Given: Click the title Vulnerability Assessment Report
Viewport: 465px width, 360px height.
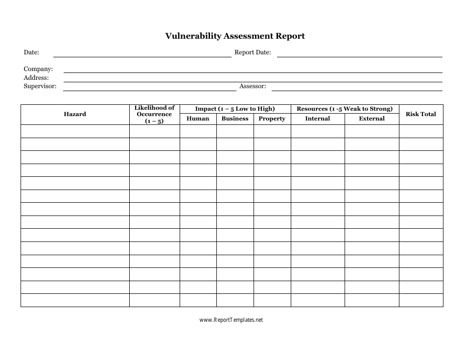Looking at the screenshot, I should [x=235, y=36].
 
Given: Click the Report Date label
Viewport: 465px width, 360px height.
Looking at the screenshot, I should [x=253, y=52].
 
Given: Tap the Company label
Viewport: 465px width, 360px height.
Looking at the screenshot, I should [x=38, y=70].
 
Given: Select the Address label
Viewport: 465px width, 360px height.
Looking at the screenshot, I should [x=36, y=78].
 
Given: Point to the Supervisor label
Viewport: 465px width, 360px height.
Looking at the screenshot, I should [x=40, y=86].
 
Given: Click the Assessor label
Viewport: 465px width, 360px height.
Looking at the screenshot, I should [x=253, y=86].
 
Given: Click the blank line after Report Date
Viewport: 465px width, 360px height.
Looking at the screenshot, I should [x=360, y=56].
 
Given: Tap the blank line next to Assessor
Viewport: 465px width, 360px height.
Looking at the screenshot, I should [x=357, y=90].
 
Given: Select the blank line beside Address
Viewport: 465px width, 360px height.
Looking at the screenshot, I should [x=253, y=81].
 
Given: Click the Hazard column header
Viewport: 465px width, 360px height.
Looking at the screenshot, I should [x=75, y=114].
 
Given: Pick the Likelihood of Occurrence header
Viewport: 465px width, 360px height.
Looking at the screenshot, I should [x=154, y=114].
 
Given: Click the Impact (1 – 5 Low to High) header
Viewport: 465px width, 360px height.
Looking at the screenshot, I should [x=235, y=109].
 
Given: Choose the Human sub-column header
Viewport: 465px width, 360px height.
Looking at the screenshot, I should [x=198, y=119].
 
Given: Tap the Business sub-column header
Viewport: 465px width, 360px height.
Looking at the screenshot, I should [x=235, y=119].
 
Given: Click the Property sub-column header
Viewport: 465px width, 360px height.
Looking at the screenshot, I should [x=272, y=119].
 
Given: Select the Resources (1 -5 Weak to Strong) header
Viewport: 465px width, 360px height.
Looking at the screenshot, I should [x=345, y=109].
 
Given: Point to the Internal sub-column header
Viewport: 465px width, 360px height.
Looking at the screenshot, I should [x=318, y=119].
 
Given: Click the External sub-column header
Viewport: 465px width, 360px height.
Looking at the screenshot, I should [x=372, y=119].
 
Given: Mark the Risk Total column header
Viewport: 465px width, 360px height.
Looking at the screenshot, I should [x=420, y=114].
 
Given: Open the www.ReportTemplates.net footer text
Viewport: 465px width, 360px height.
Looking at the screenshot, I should [x=232, y=320].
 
